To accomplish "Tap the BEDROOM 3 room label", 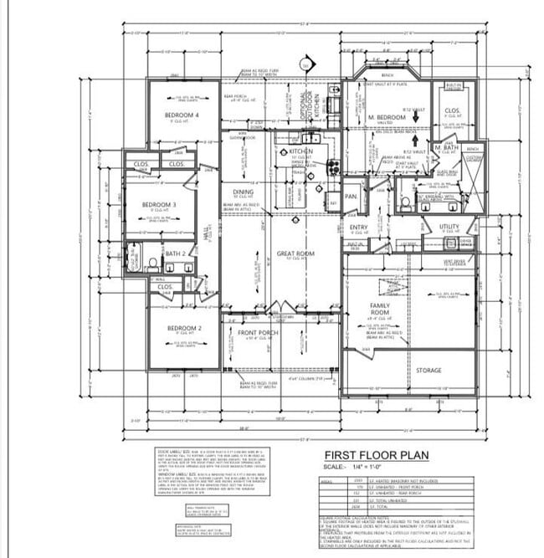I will pos(158,205).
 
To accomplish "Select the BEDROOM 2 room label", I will pos(184,328).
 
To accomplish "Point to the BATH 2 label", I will pos(175,253).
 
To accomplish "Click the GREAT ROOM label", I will pos(295,253).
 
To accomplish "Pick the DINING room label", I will pos(243,192).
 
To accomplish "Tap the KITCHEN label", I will pos(301,152).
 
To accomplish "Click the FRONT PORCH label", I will pos(258,333).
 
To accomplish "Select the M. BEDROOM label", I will pos(387,117).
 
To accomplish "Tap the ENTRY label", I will pos(358,227).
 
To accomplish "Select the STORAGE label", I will pos(429,370).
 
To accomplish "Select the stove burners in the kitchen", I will pos(333,166).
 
